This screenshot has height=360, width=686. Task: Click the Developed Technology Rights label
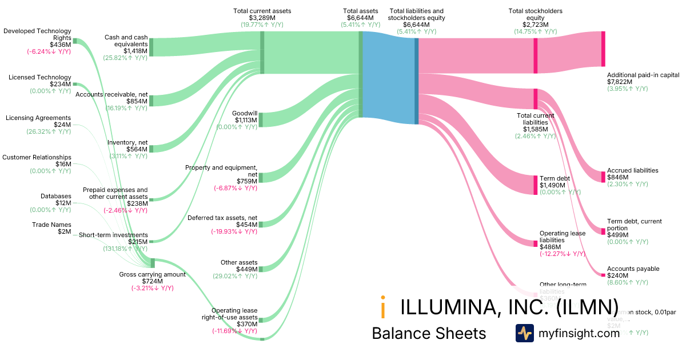[x=37, y=34]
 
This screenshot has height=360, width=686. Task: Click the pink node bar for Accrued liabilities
[x=603, y=177]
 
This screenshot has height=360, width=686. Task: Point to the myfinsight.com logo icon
[x=524, y=333]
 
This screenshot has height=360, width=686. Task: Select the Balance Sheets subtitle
[x=429, y=333]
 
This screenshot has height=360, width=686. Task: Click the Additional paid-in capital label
[x=643, y=75]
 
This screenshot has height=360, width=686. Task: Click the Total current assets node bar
[x=262, y=53]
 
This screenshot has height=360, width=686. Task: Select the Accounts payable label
[x=633, y=269]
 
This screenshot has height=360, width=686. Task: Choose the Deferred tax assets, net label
[x=222, y=218]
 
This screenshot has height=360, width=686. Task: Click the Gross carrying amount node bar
[x=153, y=263]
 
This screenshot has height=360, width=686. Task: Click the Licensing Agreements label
[x=38, y=118]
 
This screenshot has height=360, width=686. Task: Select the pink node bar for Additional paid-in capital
[x=603, y=49]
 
